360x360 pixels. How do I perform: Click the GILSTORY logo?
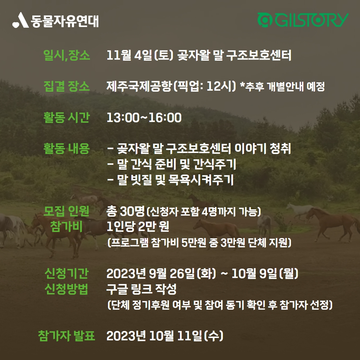tap(303, 20)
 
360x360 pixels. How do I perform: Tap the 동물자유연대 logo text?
tap(65, 21)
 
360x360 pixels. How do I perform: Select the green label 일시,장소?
tap(67, 55)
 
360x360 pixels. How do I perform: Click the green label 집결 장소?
tap(67, 86)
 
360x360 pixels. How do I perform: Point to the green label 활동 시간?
tap(67, 118)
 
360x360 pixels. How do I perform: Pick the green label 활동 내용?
tap(67, 148)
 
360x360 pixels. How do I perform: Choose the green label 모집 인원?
tap(66, 211)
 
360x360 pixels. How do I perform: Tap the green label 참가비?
tap(66, 227)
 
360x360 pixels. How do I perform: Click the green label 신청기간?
tap(67, 273)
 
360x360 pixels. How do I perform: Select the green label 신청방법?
tap(67, 289)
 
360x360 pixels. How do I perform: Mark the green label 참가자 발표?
tap(67, 336)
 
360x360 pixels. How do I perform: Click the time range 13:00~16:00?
tap(144, 118)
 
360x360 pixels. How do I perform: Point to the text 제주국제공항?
tap(139, 86)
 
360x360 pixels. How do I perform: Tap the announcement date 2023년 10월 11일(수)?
tap(165, 336)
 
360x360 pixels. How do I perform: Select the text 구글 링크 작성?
tap(141, 289)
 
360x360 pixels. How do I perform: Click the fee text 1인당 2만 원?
tap(138, 227)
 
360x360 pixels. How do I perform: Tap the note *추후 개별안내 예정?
tap(282, 87)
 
